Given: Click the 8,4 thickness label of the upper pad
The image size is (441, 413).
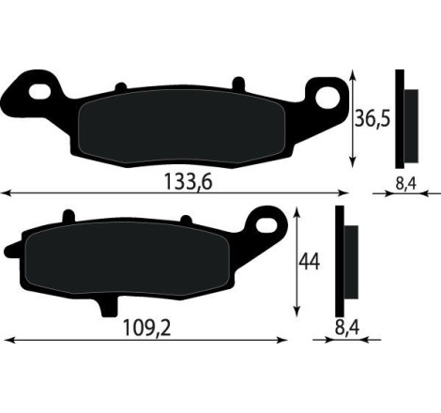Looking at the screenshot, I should [405, 184].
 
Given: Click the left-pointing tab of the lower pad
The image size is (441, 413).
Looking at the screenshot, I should [10, 251].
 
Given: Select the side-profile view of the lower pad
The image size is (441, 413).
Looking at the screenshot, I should [344, 262].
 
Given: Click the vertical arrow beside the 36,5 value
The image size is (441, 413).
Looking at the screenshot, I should [353, 117].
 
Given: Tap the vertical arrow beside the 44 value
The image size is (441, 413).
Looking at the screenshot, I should [297, 263].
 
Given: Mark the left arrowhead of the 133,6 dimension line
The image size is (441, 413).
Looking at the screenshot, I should [5, 194].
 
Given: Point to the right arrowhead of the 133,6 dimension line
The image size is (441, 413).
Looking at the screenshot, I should [344, 194].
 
